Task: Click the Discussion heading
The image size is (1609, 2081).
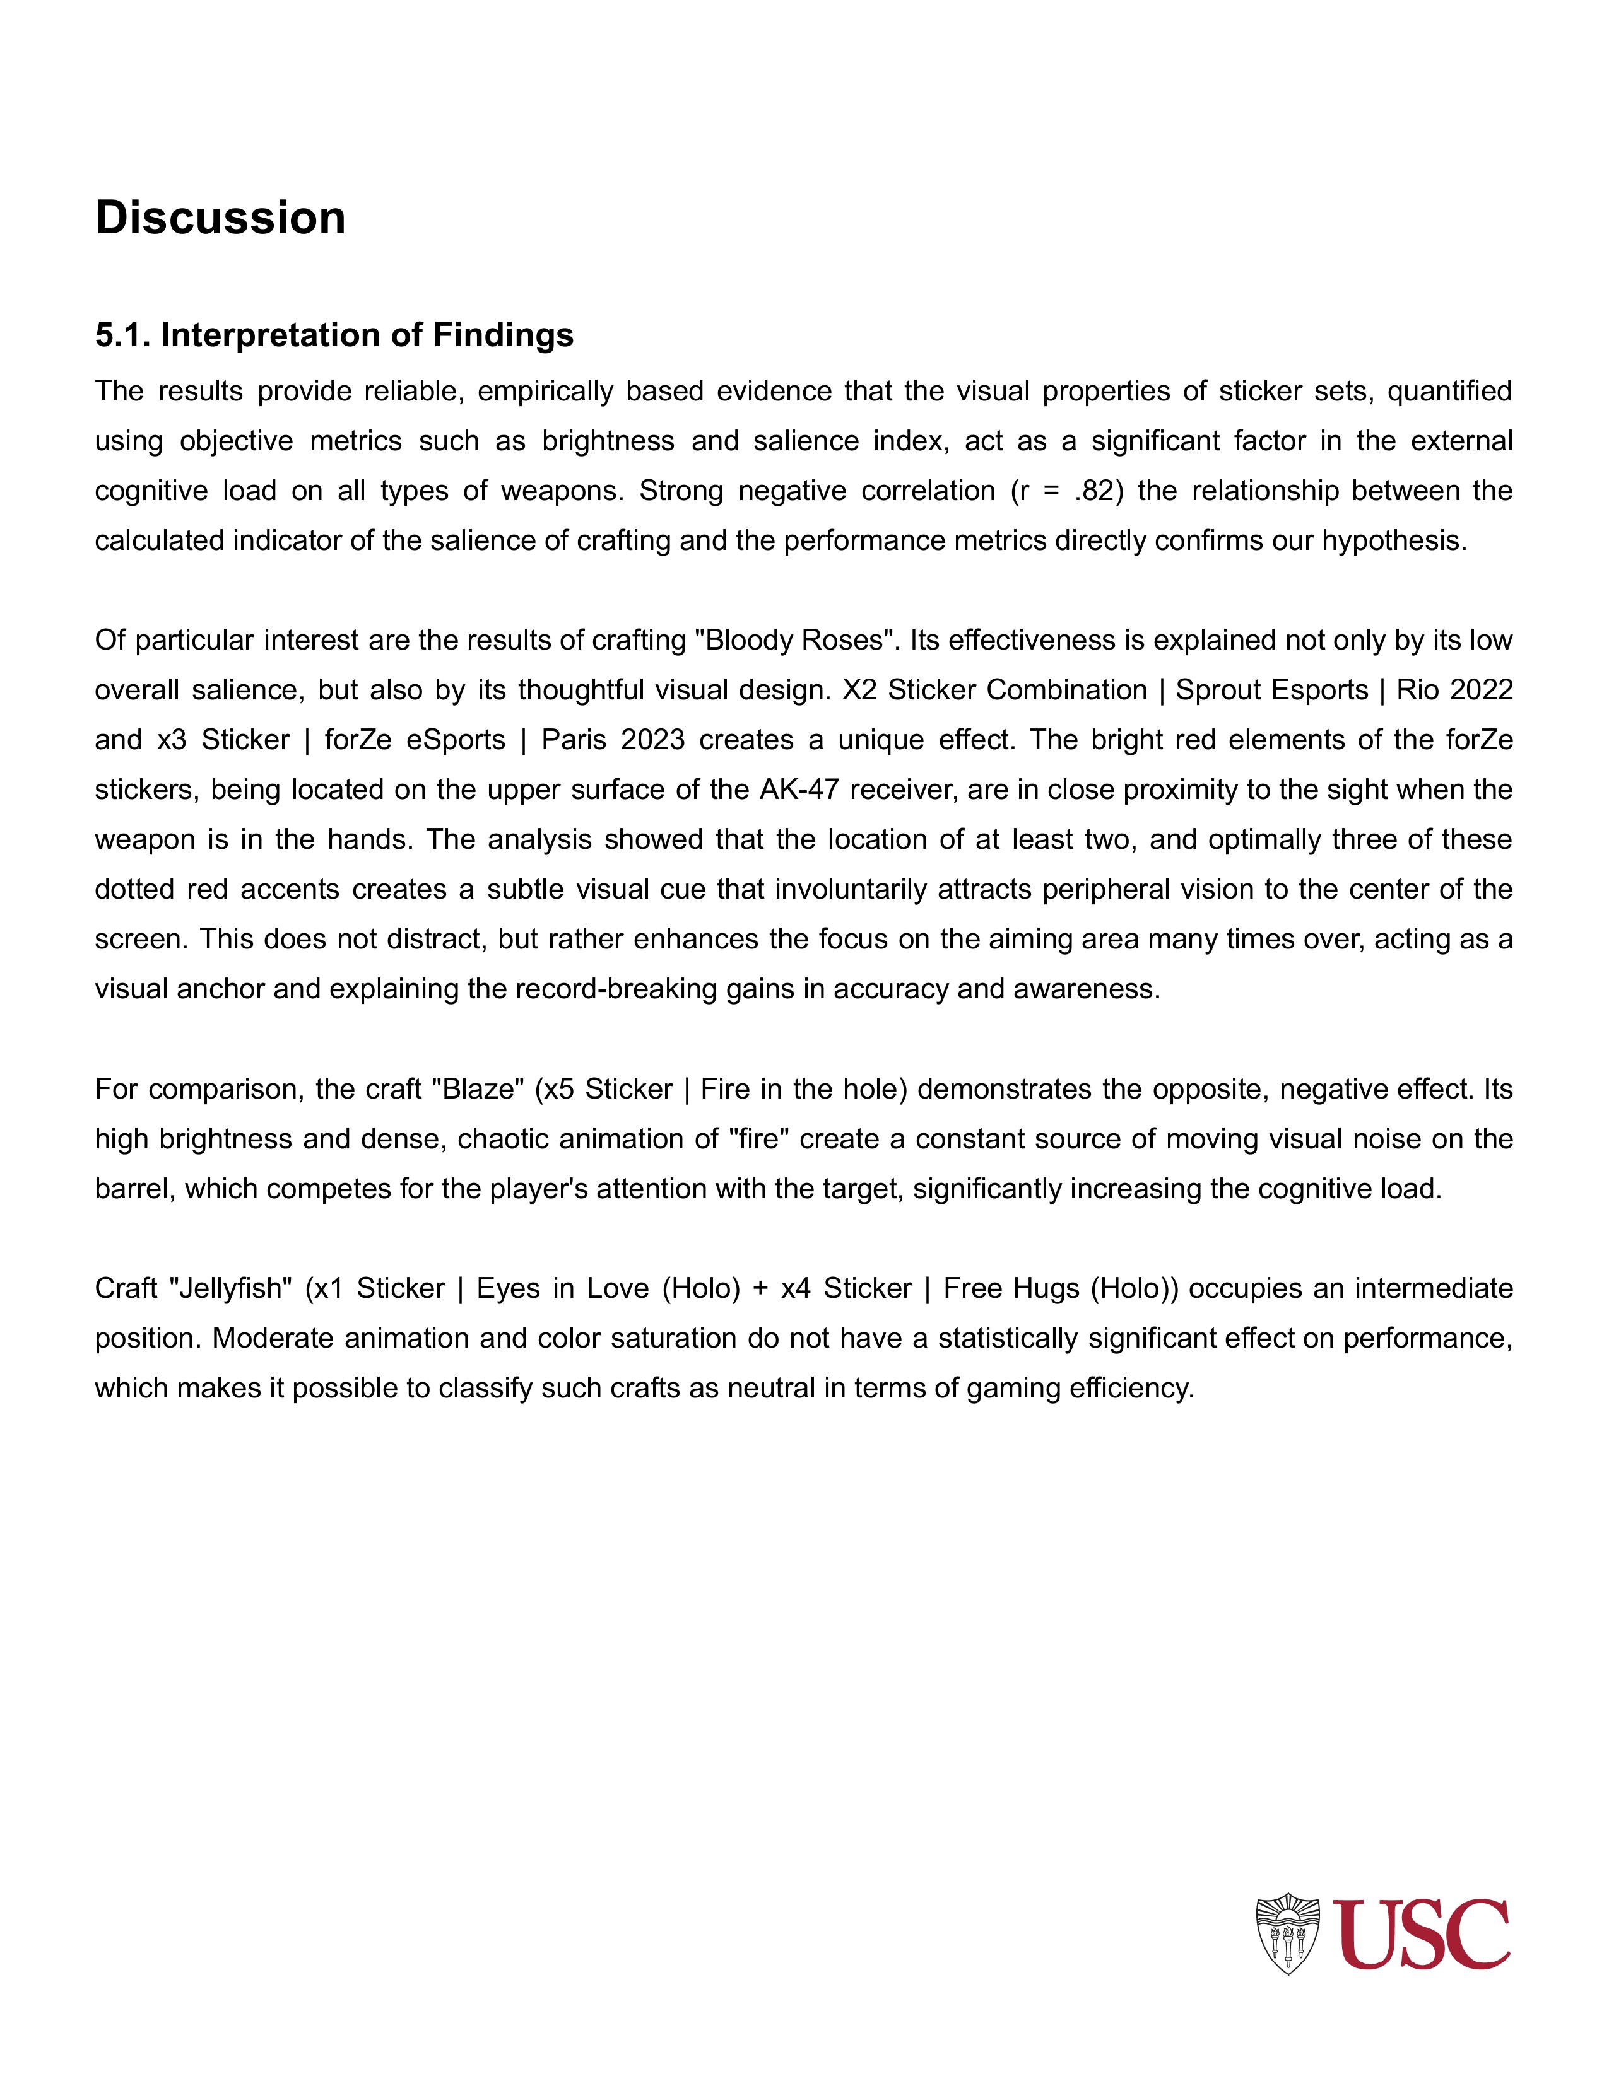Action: point(220,218)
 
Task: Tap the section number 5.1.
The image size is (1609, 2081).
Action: point(123,335)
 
